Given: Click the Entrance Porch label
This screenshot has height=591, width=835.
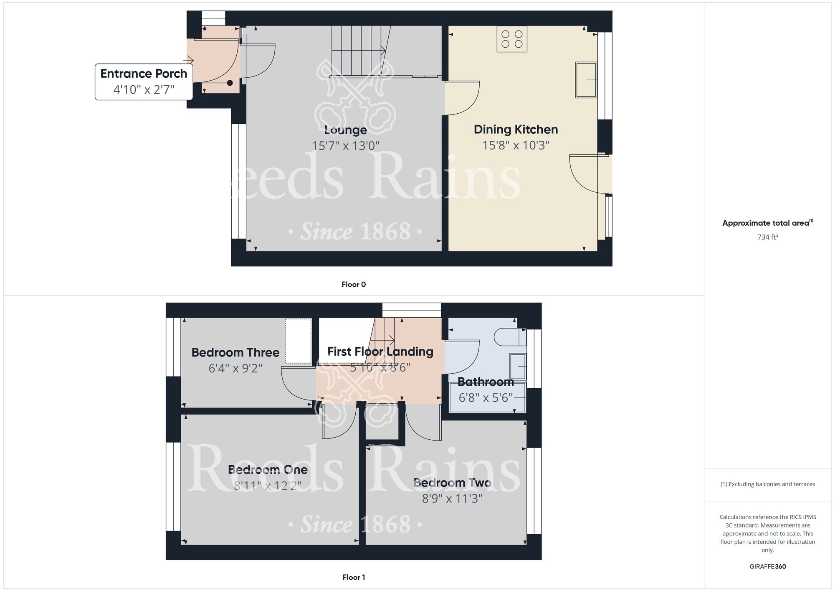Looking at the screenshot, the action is pos(144,74).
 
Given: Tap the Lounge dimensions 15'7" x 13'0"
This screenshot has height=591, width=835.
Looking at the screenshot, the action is pos(346,145).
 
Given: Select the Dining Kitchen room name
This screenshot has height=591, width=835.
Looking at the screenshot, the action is pos(516,130).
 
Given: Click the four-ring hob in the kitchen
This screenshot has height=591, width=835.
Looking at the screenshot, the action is pos(512,39).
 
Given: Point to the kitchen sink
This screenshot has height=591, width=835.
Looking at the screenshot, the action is pos(586,80).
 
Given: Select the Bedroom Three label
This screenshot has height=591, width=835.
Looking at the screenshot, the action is pos(235,352).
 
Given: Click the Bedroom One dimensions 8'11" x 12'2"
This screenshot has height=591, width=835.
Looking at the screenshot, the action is pos(268,486).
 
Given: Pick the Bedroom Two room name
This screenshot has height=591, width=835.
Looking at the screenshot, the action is pos(452,483).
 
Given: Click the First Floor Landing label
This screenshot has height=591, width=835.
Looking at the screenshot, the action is pos(380,352).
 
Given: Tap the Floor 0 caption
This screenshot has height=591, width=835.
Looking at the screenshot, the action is pos(354,284).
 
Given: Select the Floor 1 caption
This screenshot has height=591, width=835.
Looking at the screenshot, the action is pos(354,577).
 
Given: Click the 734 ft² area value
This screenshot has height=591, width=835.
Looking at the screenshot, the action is pos(768,237).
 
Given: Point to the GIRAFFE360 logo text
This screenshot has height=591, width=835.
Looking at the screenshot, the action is pos(768,567).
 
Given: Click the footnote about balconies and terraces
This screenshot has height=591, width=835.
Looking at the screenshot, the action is pos(768,484).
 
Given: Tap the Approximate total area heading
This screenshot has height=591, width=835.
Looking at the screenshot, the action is pos(768,223).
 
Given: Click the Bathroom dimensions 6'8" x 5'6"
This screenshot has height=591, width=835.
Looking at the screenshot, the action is pos(486,397).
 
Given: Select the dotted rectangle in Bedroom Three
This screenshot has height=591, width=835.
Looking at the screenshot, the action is pos(299,341).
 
